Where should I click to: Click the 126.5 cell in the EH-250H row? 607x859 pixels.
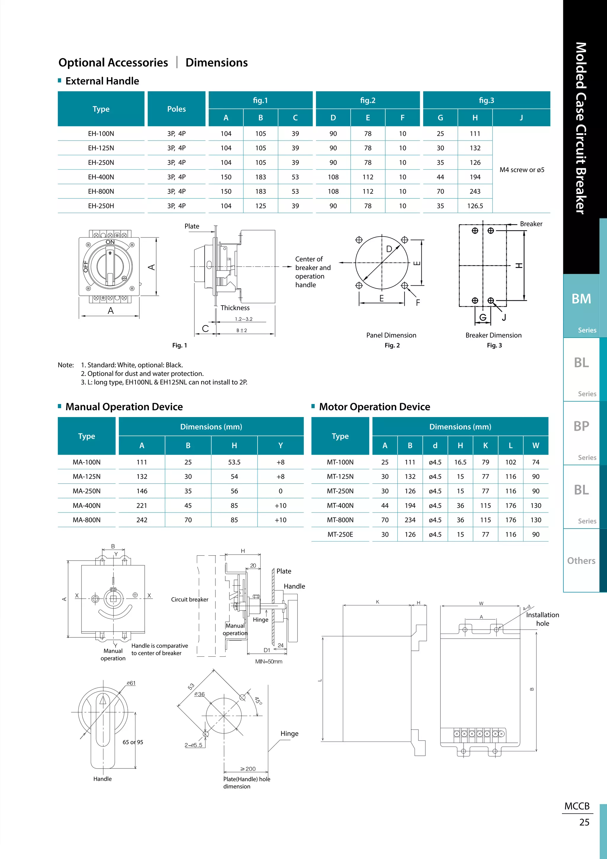click(475, 206)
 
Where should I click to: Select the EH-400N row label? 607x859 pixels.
click(101, 177)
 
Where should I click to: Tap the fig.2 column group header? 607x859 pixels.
click(368, 100)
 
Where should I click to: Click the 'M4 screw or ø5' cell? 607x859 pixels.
click(522, 170)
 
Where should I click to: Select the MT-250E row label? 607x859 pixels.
click(340, 534)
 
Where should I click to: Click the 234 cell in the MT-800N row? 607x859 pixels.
click(410, 520)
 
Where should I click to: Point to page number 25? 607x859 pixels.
click(584, 822)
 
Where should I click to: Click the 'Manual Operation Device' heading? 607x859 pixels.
click(124, 407)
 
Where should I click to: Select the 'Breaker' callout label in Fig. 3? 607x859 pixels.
click(531, 224)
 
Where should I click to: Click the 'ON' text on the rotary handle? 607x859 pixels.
click(110, 242)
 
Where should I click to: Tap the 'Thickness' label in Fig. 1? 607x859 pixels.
click(235, 308)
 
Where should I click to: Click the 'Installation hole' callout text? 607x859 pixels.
click(542, 619)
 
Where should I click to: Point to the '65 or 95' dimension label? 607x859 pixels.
click(133, 742)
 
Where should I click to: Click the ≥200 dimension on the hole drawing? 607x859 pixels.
click(248, 769)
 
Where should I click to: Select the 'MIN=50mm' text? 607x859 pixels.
click(268, 661)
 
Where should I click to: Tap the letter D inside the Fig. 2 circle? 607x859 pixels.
click(389, 249)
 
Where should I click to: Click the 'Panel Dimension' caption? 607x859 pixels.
click(391, 335)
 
